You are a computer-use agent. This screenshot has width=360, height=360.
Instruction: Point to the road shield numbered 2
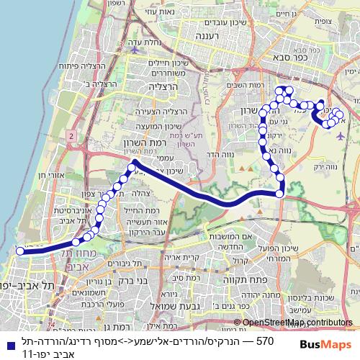[72, 135]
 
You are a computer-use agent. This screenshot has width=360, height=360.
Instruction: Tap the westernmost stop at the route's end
[18, 251]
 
